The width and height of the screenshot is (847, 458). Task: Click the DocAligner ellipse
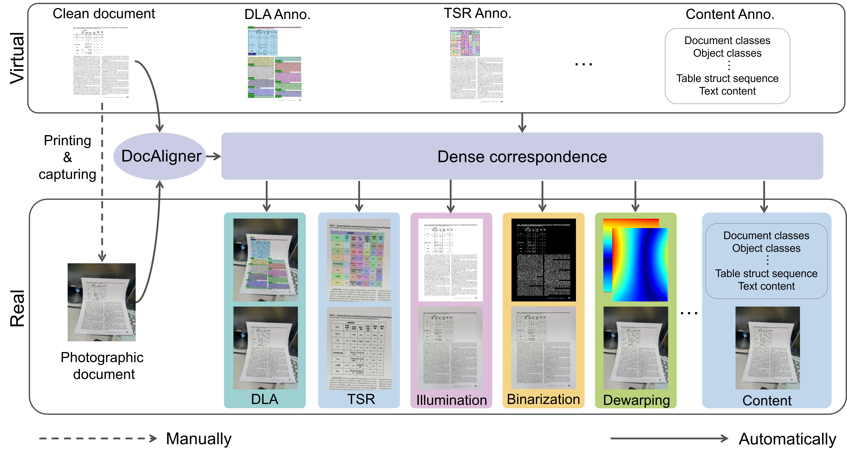point(160,156)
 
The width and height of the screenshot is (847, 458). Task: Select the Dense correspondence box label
point(522,157)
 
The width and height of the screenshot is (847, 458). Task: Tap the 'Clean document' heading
point(104,14)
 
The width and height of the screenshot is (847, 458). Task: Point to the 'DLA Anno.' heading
point(277,14)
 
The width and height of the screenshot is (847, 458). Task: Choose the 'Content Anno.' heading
point(730,14)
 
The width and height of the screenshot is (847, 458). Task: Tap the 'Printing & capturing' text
point(67,157)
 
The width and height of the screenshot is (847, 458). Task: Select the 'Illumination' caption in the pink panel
point(451,400)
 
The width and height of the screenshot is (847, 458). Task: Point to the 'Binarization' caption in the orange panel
point(543,399)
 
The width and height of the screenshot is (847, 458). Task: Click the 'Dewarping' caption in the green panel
point(636,400)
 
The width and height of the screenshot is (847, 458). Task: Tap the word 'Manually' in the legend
point(199,439)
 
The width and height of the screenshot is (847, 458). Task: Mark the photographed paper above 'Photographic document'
point(102,302)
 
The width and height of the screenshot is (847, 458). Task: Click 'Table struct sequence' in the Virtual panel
point(727,79)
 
